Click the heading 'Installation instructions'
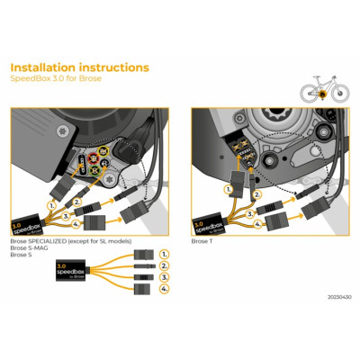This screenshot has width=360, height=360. [x=79, y=67]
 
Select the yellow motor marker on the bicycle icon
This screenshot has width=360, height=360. [x=321, y=93]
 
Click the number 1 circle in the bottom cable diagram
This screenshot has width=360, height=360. [x=165, y=255]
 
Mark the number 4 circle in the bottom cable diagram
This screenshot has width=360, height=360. [x=165, y=290]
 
